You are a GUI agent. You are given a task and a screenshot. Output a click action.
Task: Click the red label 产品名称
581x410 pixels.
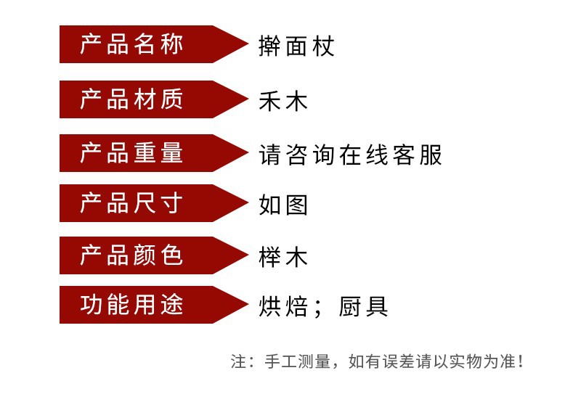131,45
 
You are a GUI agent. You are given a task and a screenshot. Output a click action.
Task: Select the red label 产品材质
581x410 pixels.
131,99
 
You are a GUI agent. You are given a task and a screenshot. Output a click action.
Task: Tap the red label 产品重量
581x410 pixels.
131,153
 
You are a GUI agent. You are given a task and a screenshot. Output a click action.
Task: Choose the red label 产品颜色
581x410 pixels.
131,255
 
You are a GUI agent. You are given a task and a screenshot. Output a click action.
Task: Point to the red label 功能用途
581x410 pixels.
131,305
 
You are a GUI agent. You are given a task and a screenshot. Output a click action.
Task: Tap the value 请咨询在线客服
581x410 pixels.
350,155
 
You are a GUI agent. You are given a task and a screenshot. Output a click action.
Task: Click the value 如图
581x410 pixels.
283,205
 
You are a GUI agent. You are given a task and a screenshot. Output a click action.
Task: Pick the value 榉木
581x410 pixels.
283,258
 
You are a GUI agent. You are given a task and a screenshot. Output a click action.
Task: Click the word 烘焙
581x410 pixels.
283,307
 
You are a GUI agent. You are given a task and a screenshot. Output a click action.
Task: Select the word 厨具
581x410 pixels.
364,307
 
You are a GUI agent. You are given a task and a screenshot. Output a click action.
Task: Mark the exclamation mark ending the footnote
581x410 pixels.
520,361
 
